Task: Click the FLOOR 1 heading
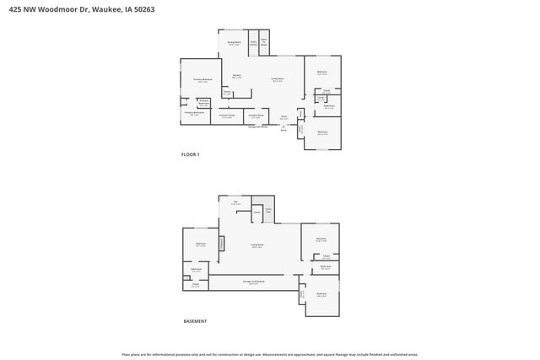pyautogui.click(x=191, y=154)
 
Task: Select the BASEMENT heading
pyautogui.click(x=195, y=321)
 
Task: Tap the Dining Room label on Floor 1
pyautogui.click(x=235, y=43)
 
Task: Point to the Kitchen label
pyautogui.click(x=237, y=76)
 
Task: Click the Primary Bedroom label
pyautogui.click(x=202, y=79)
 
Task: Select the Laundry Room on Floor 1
pyautogui.click(x=256, y=116)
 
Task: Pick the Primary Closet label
pyautogui.click(x=226, y=116)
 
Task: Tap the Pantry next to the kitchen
pyautogui.click(x=226, y=92)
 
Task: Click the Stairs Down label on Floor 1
pyautogui.click(x=252, y=44)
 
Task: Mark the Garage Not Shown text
pyautogui.click(x=256, y=126)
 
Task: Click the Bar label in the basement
pyautogui.click(x=236, y=202)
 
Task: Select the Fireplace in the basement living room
pyautogui.click(x=223, y=243)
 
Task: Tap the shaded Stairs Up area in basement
pyautogui.click(x=267, y=208)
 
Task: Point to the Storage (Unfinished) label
pyautogui.click(x=253, y=282)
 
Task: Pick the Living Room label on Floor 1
pyautogui.click(x=277, y=79)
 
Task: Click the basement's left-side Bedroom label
pyautogui.click(x=201, y=244)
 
